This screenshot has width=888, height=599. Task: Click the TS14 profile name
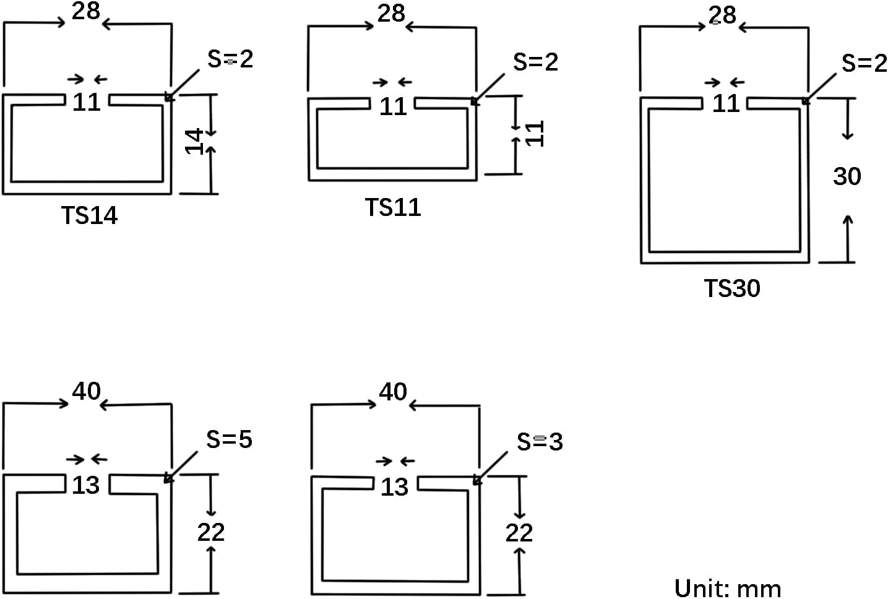[x=89, y=215]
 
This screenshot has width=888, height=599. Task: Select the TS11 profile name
[x=393, y=207]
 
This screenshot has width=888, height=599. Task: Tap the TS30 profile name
[x=732, y=288]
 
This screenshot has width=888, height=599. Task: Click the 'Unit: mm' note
[x=728, y=587]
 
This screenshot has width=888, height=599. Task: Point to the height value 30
[x=847, y=177]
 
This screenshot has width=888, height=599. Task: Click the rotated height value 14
[x=196, y=141]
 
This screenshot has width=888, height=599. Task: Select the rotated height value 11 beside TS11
[x=535, y=134]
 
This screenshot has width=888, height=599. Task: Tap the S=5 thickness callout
[x=229, y=439]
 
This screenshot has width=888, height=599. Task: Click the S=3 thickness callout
[x=540, y=442]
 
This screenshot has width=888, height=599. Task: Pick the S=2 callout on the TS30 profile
[x=864, y=63]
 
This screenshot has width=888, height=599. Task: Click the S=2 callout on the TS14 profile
[x=230, y=59]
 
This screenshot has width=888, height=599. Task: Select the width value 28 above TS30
[x=722, y=15]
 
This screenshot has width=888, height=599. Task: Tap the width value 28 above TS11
[x=391, y=13]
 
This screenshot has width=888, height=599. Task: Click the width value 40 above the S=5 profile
[x=86, y=391]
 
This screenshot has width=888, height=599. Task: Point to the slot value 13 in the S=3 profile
[x=394, y=488]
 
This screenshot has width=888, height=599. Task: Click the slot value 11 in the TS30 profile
[x=726, y=103]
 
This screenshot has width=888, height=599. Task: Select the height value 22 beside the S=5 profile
[x=211, y=532]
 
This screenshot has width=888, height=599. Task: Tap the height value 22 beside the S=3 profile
[x=519, y=533]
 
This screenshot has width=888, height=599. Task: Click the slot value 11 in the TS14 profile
[x=87, y=102]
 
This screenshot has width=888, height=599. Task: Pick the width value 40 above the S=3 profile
[x=393, y=392]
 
